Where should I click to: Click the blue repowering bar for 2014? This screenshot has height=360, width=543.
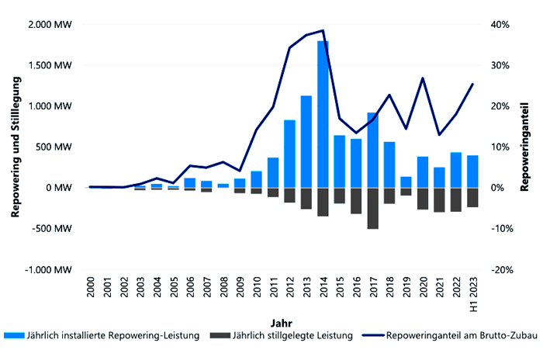[323, 114]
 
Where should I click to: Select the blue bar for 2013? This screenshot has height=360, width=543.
[306, 141]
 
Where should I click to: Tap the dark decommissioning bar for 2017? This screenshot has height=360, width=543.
[373, 208]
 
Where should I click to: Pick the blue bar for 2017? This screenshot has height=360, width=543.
[373, 150]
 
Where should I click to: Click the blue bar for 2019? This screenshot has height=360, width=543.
[406, 182]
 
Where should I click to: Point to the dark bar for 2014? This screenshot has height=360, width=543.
[323, 202]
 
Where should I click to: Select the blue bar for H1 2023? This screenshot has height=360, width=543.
[472, 171]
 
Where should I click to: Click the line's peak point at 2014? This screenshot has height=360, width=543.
[323, 30]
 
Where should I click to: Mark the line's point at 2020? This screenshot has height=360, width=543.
[422, 78]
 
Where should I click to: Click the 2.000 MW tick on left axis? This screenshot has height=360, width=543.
[50, 25]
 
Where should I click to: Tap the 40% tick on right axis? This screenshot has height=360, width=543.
[500, 25]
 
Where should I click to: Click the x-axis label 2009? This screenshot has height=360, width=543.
[240, 293]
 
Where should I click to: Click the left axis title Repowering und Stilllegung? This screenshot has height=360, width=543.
[12, 147]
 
